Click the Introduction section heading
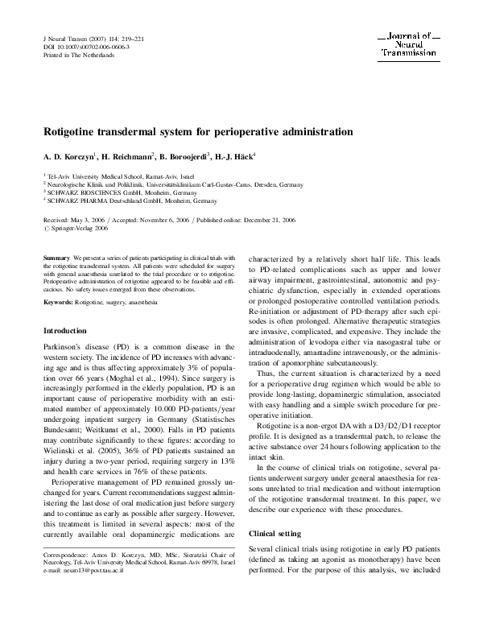coord(64,331)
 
